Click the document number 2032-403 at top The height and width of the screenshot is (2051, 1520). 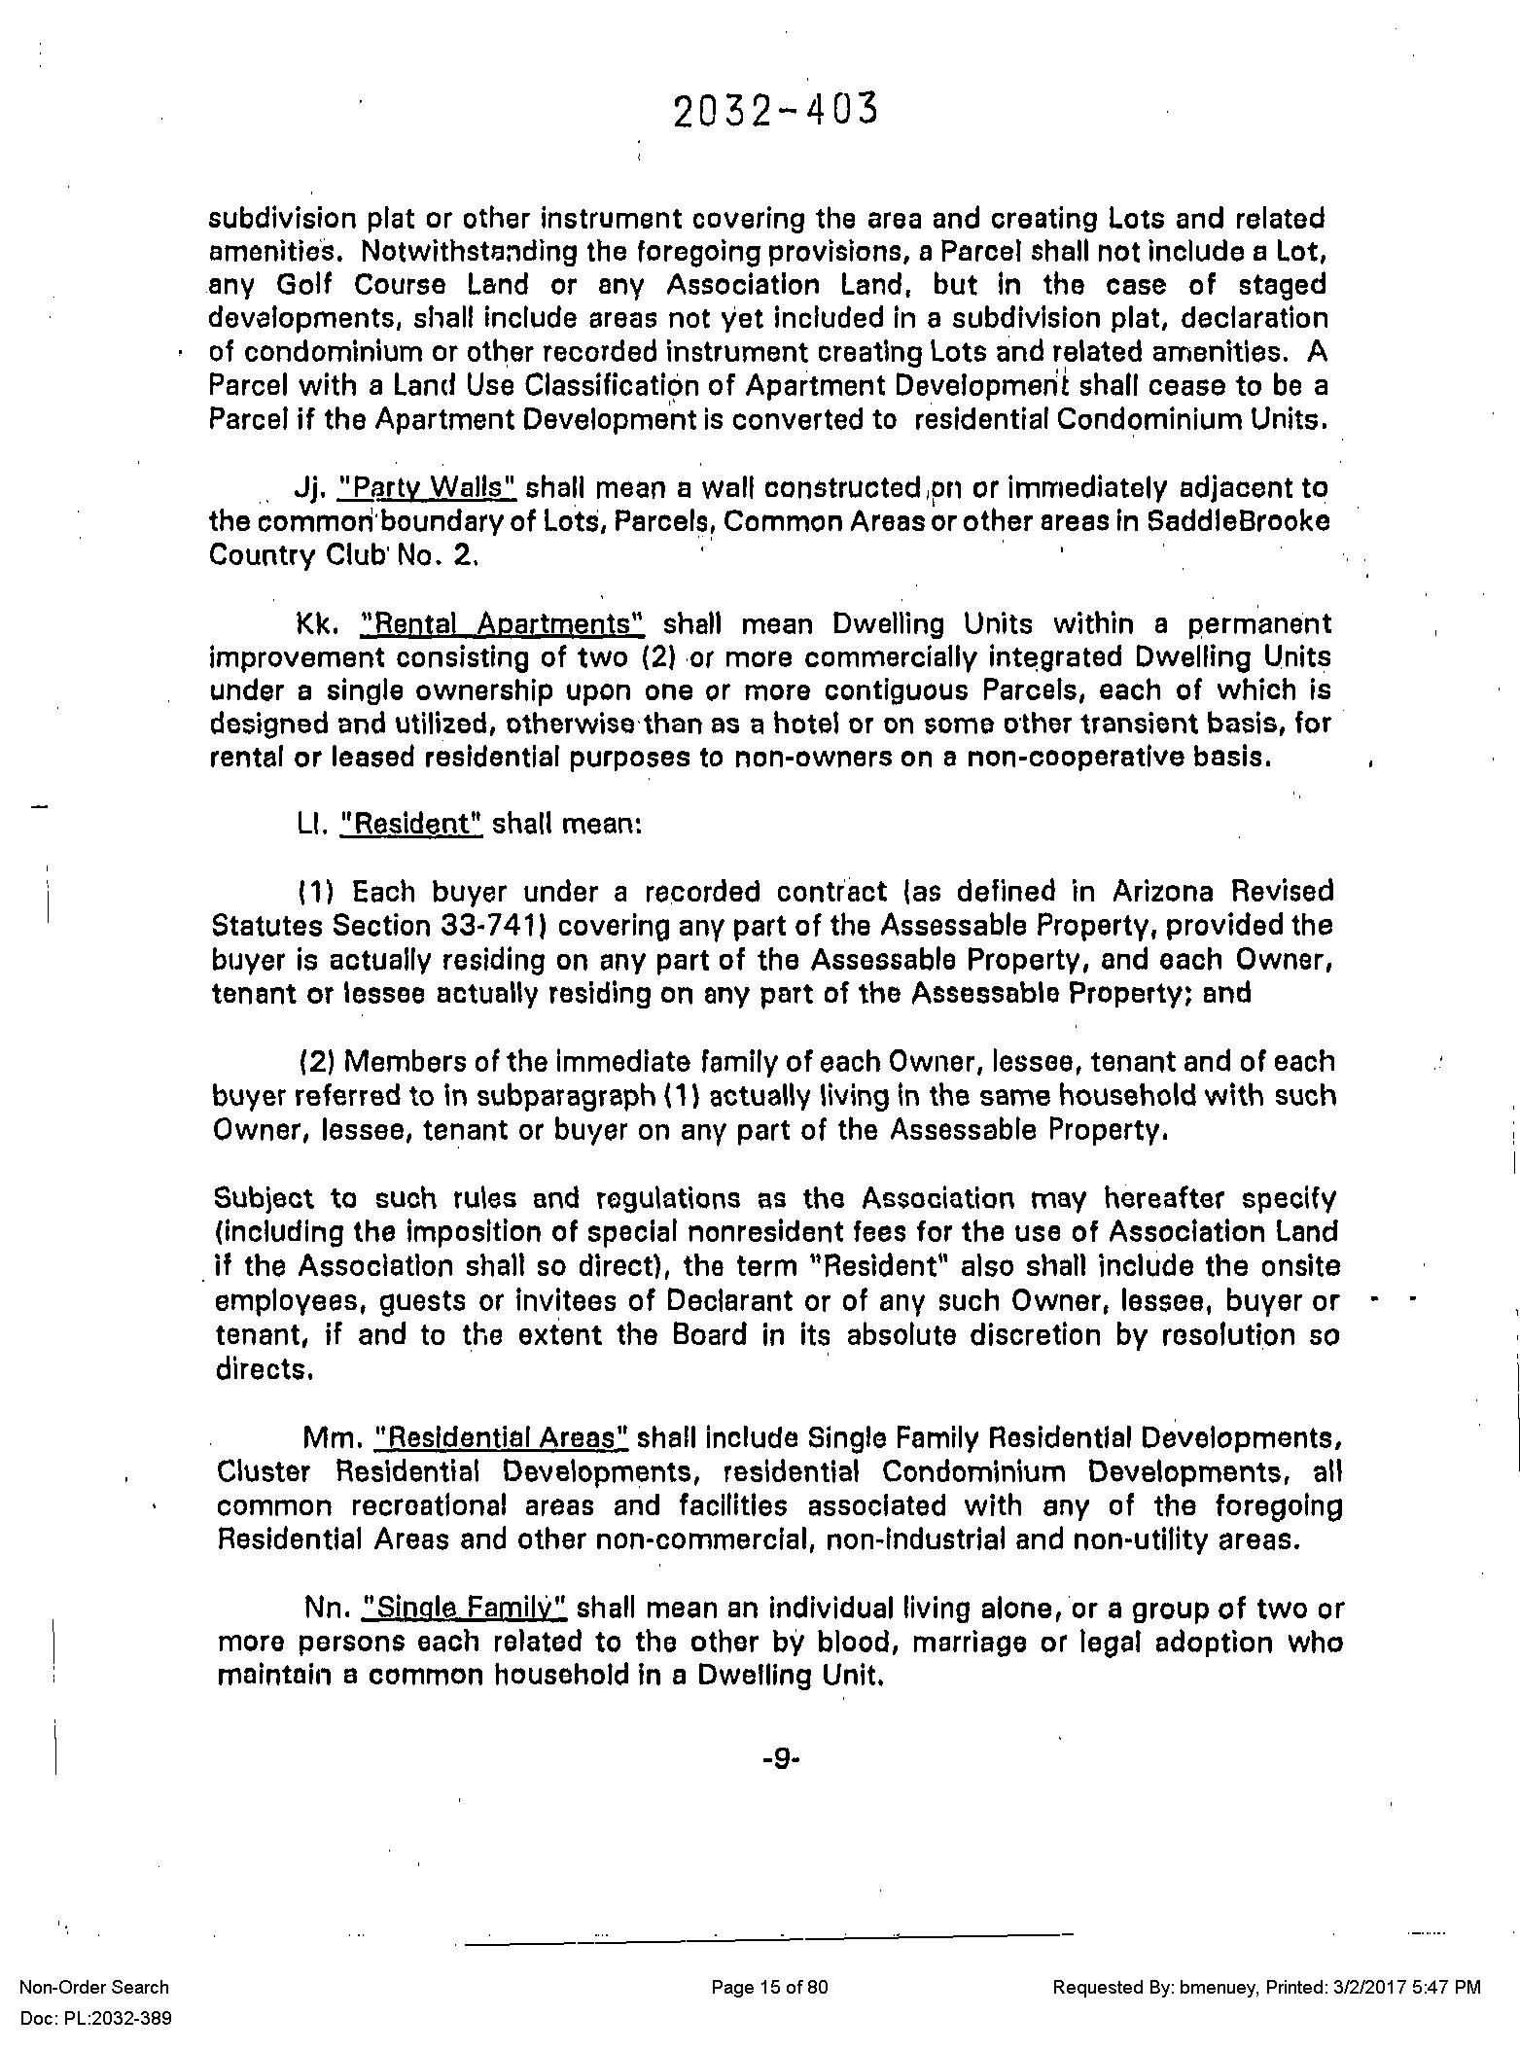click(774, 110)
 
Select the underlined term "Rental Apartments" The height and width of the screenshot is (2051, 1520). click(502, 622)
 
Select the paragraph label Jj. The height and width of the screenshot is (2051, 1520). click(307, 486)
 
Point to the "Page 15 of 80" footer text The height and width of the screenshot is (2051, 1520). click(769, 1987)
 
